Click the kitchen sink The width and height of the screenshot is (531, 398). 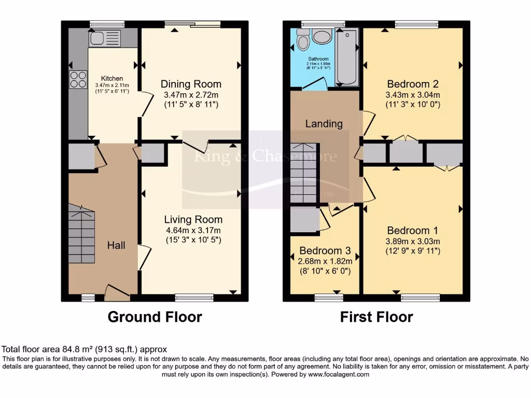tap(105, 38)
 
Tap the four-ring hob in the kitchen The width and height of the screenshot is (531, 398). tap(78, 79)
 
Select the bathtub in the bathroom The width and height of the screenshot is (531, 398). tap(347, 57)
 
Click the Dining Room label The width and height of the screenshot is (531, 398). tap(191, 84)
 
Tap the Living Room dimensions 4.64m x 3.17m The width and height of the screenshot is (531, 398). tap(192, 231)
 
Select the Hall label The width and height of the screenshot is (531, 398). tap(116, 245)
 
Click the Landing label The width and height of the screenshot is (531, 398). tap(324, 124)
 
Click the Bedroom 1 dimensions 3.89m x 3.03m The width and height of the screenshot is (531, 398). tap(412, 241)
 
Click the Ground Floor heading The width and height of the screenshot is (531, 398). tap(155, 317)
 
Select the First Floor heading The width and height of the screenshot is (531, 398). tap(376, 317)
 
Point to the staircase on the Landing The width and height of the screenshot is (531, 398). tap(303, 173)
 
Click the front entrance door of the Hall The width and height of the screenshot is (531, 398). tap(117, 294)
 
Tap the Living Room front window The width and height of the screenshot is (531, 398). tap(194, 297)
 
